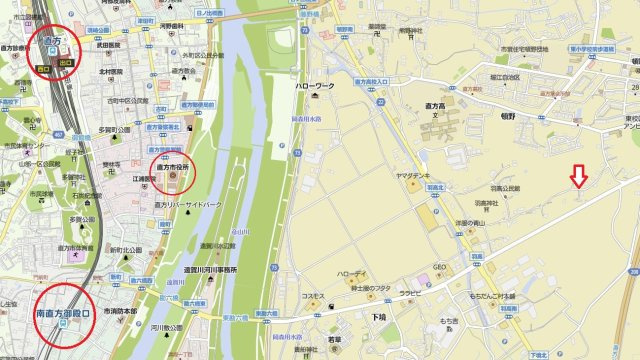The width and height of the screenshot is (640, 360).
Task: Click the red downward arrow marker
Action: click(577, 176)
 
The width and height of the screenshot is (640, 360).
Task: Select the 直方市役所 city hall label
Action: click(173, 167)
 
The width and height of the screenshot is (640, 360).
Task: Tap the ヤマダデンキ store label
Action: click(413, 173)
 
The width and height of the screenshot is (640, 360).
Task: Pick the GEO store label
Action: click(438, 266)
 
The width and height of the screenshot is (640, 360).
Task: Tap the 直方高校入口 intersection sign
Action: click(374, 81)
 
